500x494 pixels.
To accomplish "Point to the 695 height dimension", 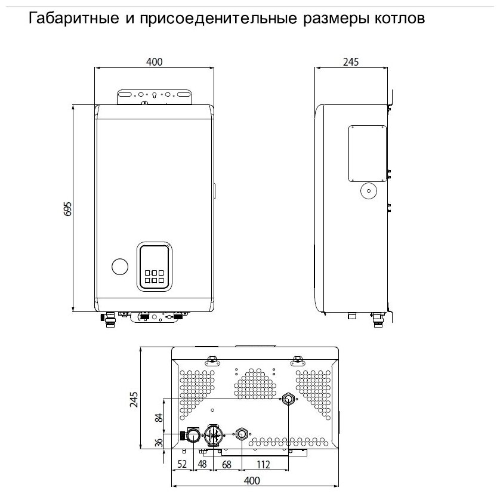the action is (x=67, y=209).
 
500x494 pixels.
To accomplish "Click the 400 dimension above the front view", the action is (x=155, y=62).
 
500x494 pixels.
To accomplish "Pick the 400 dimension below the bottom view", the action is (x=254, y=480).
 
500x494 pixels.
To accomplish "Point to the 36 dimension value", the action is (x=159, y=443).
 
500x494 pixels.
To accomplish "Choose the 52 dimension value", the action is (x=181, y=464).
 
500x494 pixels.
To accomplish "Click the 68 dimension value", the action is (x=227, y=464).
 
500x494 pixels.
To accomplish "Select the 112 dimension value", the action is (x=264, y=464).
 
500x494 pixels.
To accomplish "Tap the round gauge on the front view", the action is (x=119, y=267).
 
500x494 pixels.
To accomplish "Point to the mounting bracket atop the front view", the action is (x=155, y=97).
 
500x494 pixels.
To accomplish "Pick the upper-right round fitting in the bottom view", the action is (x=288, y=398).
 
